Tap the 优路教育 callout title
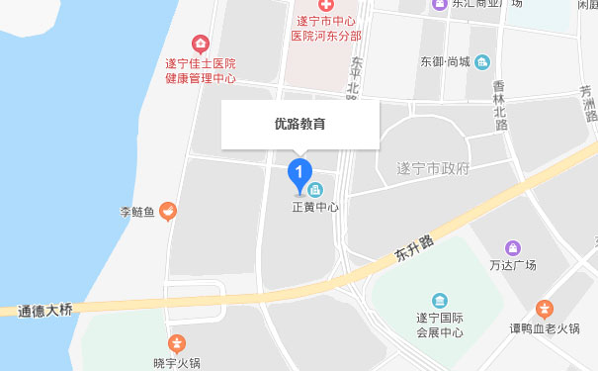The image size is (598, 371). tap(299, 125)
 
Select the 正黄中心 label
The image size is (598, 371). tap(315, 208)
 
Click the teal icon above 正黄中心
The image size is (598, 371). tap(315, 189)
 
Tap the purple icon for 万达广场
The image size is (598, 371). tap(512, 247)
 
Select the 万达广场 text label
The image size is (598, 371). tap(512, 265)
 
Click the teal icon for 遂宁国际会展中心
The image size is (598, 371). tap(439, 300)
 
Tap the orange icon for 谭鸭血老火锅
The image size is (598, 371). tap(544, 309)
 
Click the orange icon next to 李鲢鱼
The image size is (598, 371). tap(168, 210)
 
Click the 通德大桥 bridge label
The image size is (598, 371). tap(46, 311)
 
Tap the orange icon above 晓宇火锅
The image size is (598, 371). tap(176, 344)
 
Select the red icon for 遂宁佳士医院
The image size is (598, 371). tap(201, 43)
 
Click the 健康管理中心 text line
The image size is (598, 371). tap(201, 79)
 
